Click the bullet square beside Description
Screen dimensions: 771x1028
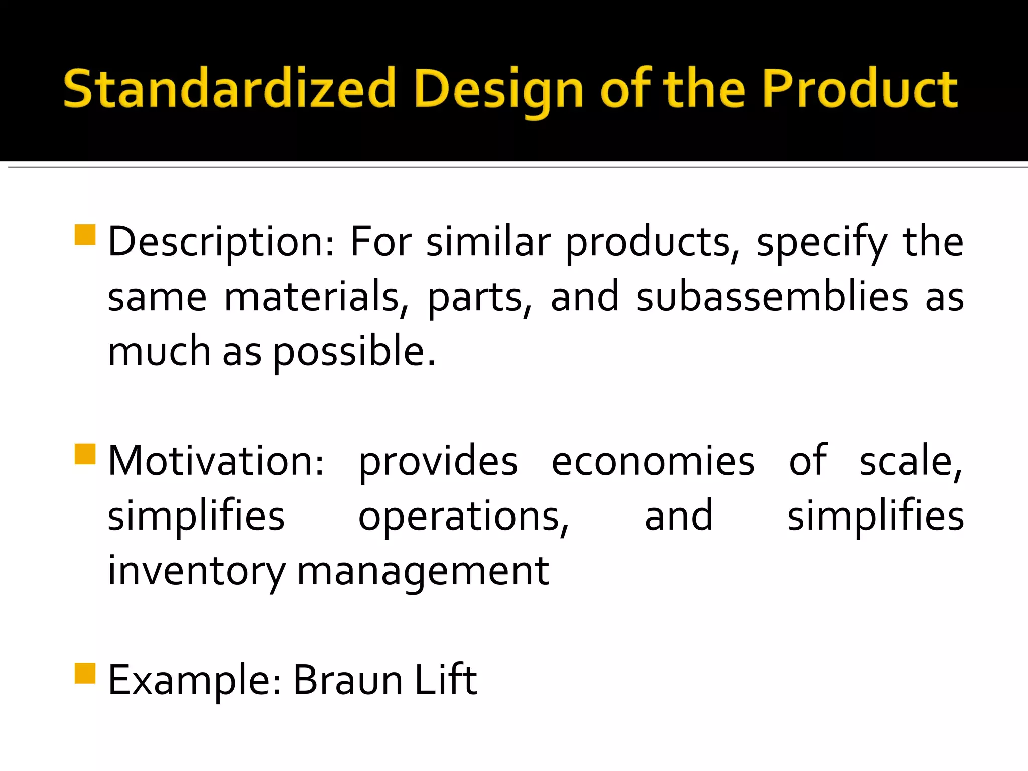click(85, 235)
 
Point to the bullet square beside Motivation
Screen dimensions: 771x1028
click(85, 454)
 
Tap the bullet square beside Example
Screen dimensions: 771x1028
click(85, 674)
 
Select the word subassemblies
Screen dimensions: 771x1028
click(773, 297)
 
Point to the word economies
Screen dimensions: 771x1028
click(653, 461)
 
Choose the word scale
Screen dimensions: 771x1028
click(911, 461)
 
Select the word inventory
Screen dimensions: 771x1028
click(196, 572)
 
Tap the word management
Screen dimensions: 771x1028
click(423, 572)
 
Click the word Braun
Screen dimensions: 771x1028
click(348, 681)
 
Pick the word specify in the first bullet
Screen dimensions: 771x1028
click(822, 242)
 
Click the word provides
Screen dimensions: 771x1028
click(438, 461)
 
